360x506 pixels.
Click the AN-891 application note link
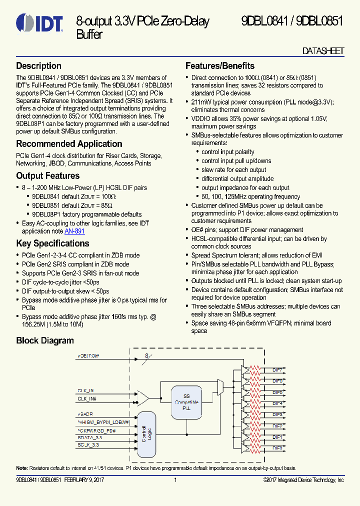tap(74, 231)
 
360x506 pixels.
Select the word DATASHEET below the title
tap(323, 51)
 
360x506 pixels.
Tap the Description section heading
tap(38, 66)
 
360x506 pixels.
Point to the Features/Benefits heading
tap(219, 66)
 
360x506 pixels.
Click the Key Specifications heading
tap(52, 243)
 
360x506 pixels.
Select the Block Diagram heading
tap(45, 340)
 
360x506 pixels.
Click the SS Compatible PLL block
tap(186, 402)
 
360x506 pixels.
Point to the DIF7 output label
tap(277, 369)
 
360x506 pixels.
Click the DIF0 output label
tap(277, 448)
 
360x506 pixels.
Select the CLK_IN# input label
tap(87, 399)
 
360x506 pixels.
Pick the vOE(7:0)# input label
tap(88, 356)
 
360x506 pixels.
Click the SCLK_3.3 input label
tap(88, 444)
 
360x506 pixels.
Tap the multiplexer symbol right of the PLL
tap(221, 387)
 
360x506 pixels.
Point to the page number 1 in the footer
tap(175, 480)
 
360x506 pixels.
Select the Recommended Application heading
tap(69, 144)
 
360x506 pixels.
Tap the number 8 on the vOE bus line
tap(147, 355)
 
